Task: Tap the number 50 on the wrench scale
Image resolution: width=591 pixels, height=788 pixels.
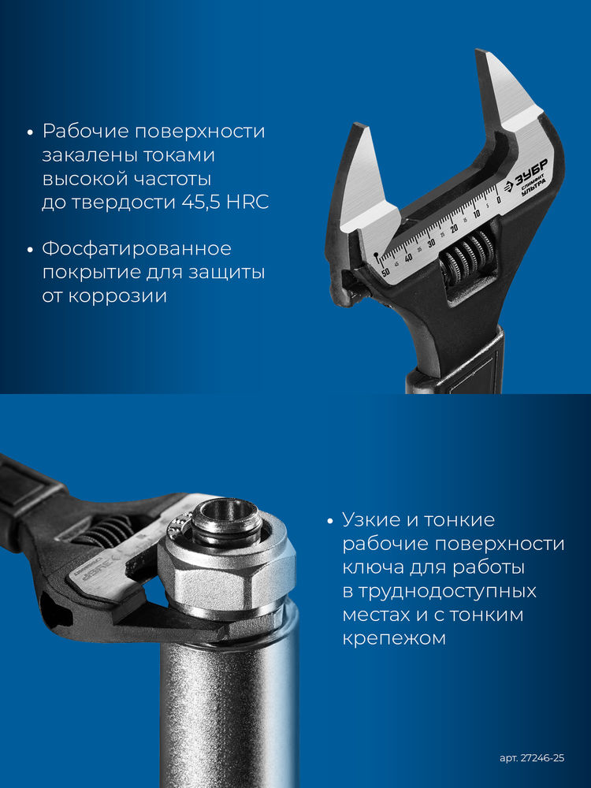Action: [x=385, y=271]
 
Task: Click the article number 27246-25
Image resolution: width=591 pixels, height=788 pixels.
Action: [x=532, y=758]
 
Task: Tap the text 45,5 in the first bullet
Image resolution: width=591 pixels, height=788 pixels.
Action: [x=201, y=202]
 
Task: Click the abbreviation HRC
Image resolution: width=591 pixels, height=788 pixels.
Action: [x=247, y=202]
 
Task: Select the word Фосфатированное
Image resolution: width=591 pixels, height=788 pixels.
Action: [x=136, y=249]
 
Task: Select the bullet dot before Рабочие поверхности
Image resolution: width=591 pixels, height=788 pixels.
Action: [x=31, y=132]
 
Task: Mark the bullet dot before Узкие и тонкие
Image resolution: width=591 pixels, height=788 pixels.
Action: [x=330, y=522]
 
